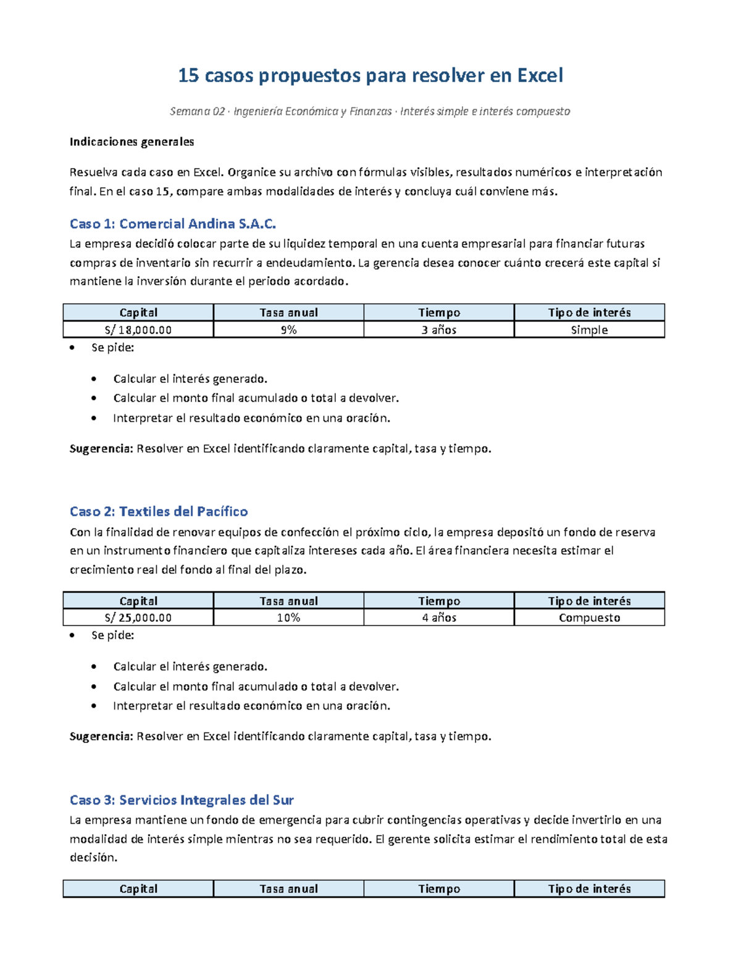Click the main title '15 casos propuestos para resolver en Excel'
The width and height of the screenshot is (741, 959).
(x=371, y=75)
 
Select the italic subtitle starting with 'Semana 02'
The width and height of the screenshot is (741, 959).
(x=370, y=111)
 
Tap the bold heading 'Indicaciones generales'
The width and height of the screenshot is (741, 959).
(x=132, y=141)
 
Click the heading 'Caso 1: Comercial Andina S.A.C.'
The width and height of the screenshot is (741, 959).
(x=173, y=224)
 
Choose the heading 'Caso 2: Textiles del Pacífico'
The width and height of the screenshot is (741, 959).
(x=159, y=511)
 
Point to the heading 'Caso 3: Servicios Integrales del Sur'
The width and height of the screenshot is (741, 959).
(x=182, y=800)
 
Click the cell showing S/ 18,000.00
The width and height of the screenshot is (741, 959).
(x=138, y=330)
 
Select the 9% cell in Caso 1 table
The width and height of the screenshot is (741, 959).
(x=288, y=330)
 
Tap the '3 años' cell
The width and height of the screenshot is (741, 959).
(x=438, y=330)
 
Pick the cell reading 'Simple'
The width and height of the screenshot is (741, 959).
(x=589, y=330)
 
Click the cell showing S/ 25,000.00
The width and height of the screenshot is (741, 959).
(x=138, y=618)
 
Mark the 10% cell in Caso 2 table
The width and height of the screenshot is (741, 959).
(x=288, y=618)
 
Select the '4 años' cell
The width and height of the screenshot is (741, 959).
(x=438, y=618)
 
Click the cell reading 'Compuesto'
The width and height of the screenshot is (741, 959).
(x=589, y=618)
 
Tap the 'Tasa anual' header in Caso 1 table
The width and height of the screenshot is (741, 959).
(x=288, y=312)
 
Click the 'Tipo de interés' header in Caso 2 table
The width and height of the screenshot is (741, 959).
(x=589, y=601)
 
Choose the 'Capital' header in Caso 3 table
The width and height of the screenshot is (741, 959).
(x=138, y=889)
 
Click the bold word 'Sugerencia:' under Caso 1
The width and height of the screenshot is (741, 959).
(x=101, y=448)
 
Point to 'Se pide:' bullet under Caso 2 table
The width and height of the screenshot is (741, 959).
(x=112, y=635)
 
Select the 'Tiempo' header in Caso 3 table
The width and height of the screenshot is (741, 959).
(x=438, y=889)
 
